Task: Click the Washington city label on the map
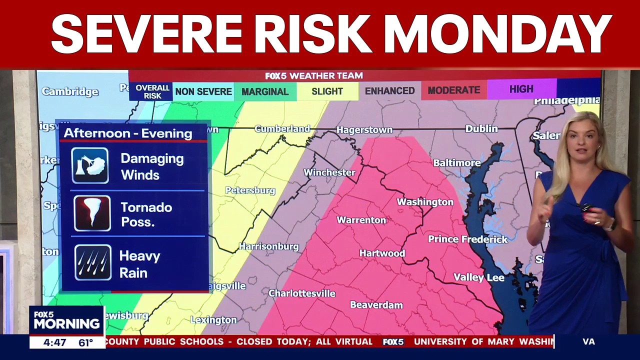point(425,202)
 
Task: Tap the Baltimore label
point(456,163)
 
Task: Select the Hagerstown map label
point(364,130)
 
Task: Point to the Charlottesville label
point(302,293)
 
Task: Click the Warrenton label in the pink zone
point(361,220)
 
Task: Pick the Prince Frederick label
point(467,239)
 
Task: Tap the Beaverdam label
point(376,305)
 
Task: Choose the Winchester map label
point(329,172)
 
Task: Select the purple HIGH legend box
point(521,89)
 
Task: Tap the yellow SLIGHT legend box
point(327,91)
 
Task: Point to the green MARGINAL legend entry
point(265,91)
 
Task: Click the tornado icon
point(92,213)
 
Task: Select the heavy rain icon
point(92,262)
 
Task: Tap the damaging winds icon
point(90,165)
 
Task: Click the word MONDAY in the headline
point(497,34)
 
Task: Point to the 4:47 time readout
point(54,343)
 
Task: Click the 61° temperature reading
point(85,343)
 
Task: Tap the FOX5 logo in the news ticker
point(393,342)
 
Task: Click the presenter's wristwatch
point(609,226)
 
